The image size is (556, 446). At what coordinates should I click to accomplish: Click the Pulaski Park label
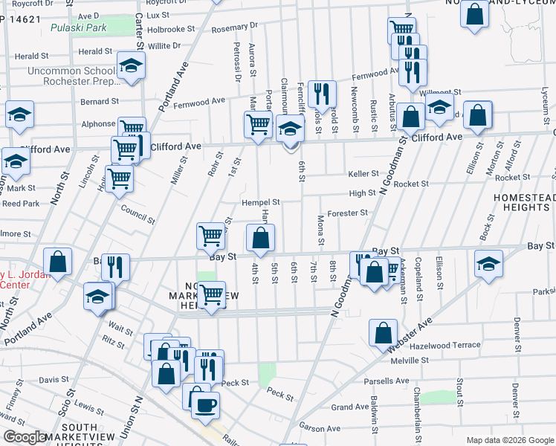tap(78, 28)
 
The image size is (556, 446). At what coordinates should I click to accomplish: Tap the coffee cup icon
tap(205, 406)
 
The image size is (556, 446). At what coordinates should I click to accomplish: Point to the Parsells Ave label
tap(387, 381)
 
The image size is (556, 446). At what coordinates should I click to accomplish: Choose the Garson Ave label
tap(320, 427)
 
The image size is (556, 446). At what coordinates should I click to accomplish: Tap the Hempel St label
tap(260, 202)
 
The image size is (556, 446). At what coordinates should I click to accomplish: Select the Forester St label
tap(348, 213)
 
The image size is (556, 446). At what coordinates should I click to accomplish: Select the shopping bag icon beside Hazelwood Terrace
tap(383, 332)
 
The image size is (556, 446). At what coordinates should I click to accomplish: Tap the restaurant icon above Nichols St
tap(322, 93)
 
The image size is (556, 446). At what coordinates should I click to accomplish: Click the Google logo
tap(25, 437)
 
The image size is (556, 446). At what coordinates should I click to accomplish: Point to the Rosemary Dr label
tap(234, 28)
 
